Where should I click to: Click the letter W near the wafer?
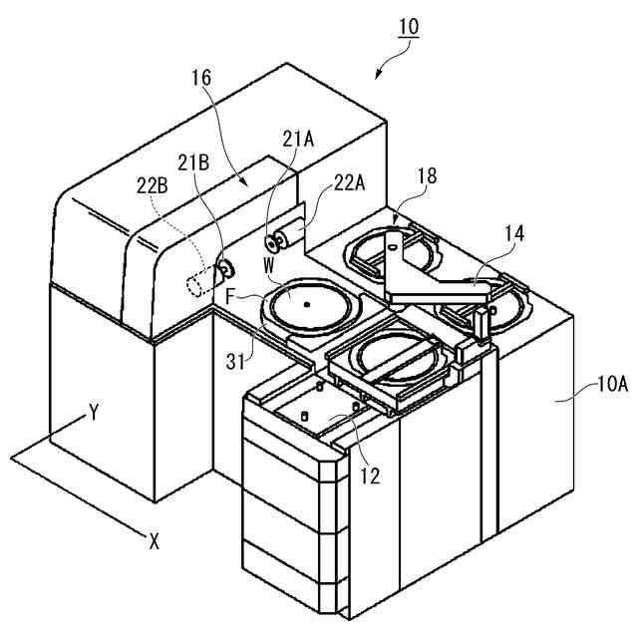[269, 266]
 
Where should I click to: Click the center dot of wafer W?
[307, 303]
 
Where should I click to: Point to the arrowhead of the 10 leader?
[377, 77]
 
